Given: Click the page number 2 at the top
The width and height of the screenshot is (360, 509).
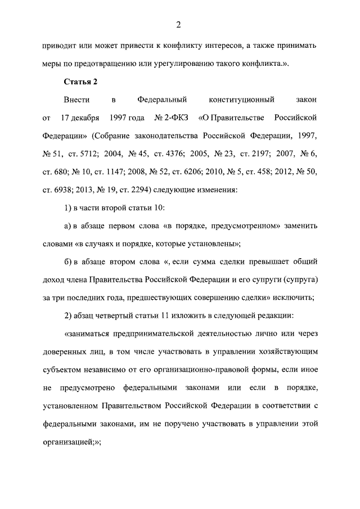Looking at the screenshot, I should [x=178, y=24].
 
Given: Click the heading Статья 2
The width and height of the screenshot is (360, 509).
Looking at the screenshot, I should [x=81, y=82].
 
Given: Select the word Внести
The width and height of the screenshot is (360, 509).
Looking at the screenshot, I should [x=76, y=100].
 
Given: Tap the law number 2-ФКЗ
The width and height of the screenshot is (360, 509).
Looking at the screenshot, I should [x=172, y=119].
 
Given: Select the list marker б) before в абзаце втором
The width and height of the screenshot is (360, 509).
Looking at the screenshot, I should [x=68, y=262].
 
